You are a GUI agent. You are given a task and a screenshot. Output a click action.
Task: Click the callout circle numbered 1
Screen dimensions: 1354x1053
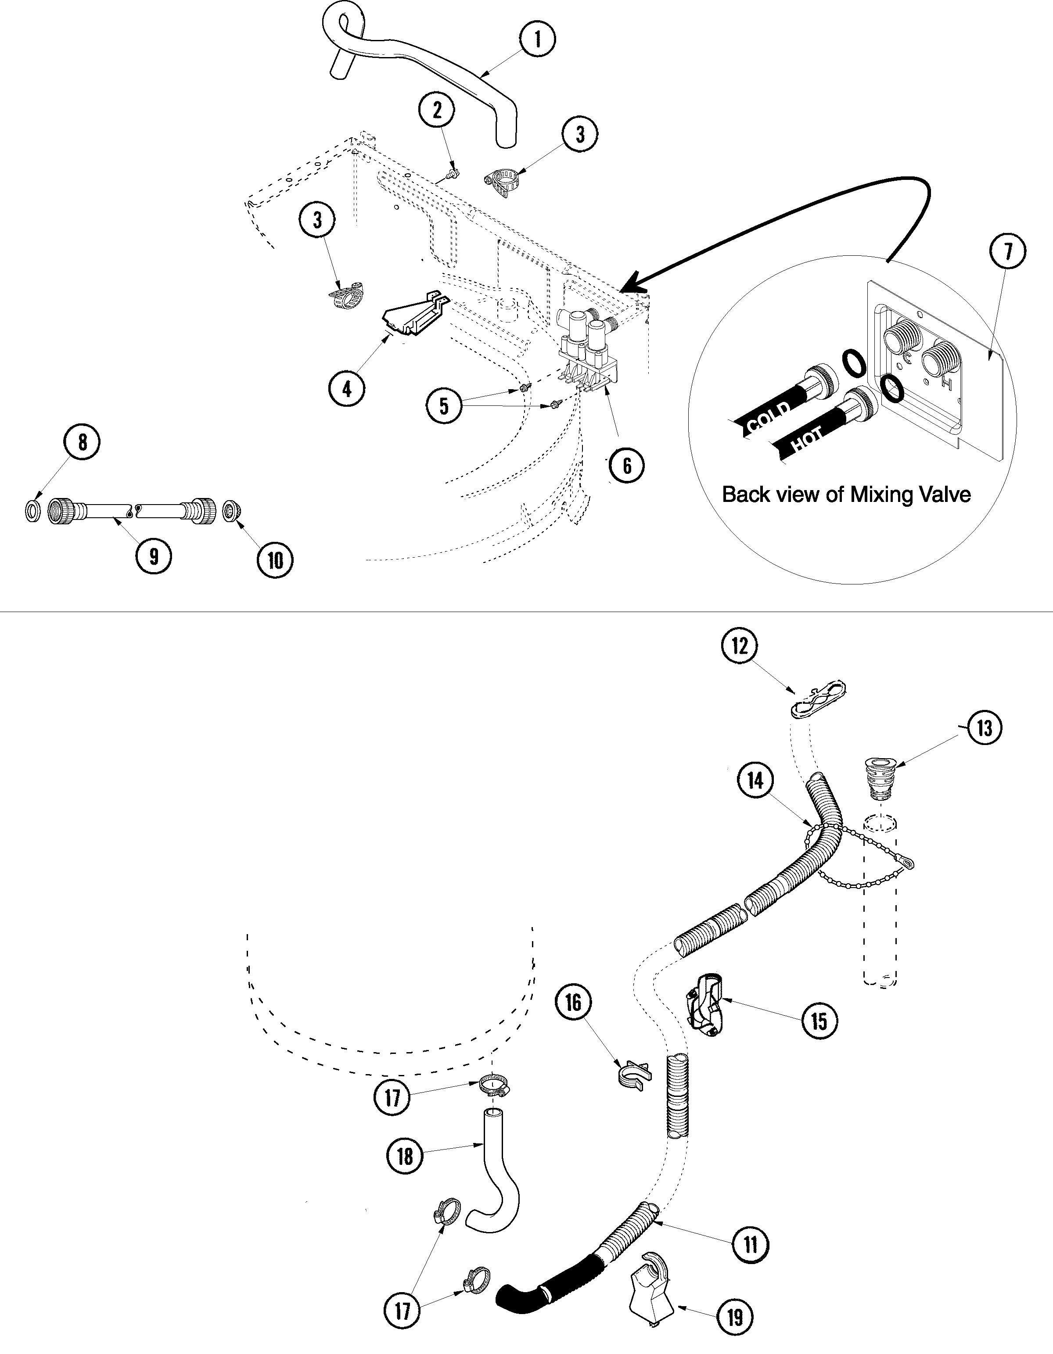537,39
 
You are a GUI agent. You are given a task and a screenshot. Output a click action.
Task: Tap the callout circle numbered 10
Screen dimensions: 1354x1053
275,560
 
